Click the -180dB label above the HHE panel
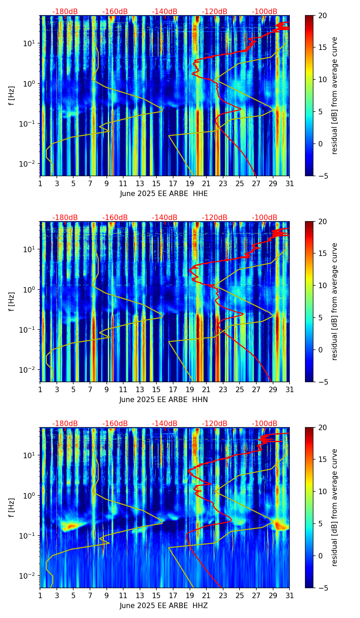[x=65, y=12]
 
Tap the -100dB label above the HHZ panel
[x=265, y=424]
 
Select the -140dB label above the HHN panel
[x=165, y=218]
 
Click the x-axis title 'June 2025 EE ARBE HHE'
[x=164, y=194]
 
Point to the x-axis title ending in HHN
[x=164, y=400]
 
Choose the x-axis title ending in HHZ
[x=164, y=606]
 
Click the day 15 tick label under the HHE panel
[x=156, y=184]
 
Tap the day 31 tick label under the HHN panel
[x=290, y=390]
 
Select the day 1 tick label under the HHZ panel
[x=40, y=596]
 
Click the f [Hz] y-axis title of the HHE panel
[x=11, y=95]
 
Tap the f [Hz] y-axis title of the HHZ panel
[x=11, y=507]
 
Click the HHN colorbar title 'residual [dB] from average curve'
[x=335, y=301]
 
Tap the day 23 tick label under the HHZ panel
[x=223, y=596]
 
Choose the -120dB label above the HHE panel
[x=215, y=12]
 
